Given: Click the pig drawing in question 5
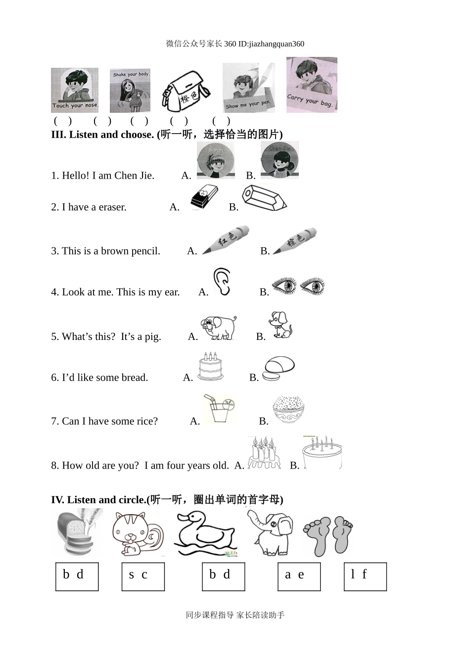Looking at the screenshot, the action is tap(219, 328).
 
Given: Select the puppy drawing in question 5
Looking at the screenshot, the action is tap(281, 325).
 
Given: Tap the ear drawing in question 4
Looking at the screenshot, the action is tap(222, 282).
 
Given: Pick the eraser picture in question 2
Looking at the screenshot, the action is tap(204, 197).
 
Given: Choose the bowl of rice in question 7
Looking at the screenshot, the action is tap(288, 410).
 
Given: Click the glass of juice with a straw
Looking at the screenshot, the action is tap(219, 409).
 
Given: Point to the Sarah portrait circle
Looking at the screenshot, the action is tap(216, 160).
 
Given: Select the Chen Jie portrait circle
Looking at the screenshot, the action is tap(280, 160).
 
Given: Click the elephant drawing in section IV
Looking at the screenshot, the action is tap(270, 532).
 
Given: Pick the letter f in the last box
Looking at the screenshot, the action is tap(364, 574).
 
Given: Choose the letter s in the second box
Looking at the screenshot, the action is tap(132, 575).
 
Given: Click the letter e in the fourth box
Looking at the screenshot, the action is tap(301, 575).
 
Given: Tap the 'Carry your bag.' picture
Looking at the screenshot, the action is tap(312, 85).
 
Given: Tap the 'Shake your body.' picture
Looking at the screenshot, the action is tap(130, 91).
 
